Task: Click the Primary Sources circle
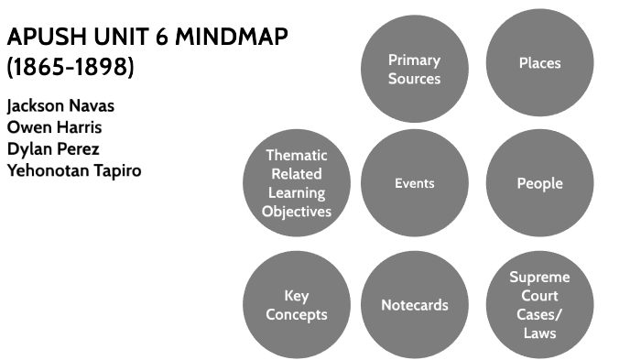414,70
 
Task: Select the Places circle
538,63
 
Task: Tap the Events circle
414,183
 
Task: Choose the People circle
538,183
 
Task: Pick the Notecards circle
414,304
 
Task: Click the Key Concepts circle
296,304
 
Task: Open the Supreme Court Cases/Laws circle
538,304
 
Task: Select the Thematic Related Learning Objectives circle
296,183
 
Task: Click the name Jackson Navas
60,105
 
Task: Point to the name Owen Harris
54,127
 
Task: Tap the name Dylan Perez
52,148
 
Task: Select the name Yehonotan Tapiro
73,170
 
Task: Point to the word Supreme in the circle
539,277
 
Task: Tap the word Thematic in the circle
296,156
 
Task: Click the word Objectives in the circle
296,212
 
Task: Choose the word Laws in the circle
539,333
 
